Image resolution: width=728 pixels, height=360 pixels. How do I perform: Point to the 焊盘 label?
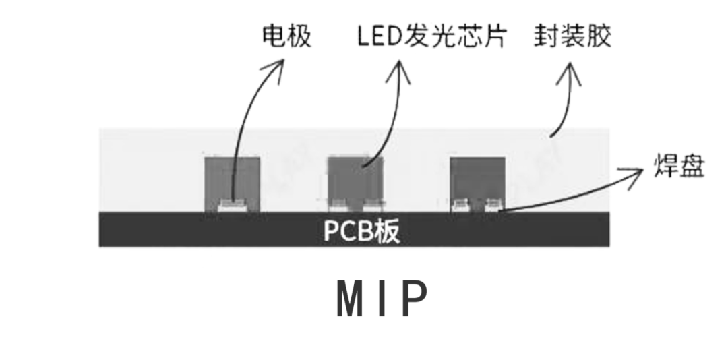(679, 166)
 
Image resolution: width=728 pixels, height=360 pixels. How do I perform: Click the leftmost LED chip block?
(232, 179)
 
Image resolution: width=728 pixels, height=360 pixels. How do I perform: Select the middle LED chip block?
(355, 179)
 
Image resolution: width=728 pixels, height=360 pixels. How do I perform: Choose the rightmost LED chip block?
(478, 179)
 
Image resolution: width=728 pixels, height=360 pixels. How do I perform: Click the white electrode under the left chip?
(232, 204)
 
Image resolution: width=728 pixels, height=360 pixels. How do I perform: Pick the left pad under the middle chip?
(339, 204)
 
